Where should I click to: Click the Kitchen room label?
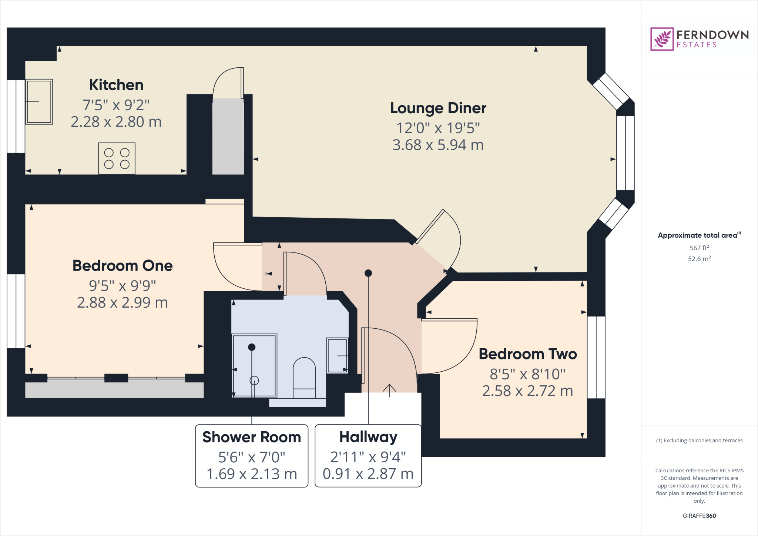(116, 85)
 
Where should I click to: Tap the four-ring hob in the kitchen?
(117, 158)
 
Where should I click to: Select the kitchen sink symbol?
(39, 101)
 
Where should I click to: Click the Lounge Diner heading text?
(438, 108)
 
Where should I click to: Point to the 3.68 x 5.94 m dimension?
(438, 145)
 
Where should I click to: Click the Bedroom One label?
(123, 266)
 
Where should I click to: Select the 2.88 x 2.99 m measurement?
(123, 303)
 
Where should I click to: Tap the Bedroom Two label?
(528, 354)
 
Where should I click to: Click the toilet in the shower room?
(304, 378)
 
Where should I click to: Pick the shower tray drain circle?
(254, 380)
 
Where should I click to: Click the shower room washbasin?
(337, 355)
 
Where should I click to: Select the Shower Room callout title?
(252, 437)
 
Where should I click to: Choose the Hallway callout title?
(368, 437)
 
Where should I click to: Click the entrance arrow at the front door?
(389, 390)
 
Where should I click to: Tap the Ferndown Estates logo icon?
(662, 39)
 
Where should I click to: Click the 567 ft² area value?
(699, 248)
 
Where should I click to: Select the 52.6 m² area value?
(699, 259)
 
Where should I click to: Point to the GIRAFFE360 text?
(699, 516)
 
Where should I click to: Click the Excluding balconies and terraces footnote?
(699, 440)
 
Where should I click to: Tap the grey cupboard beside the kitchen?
(228, 136)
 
